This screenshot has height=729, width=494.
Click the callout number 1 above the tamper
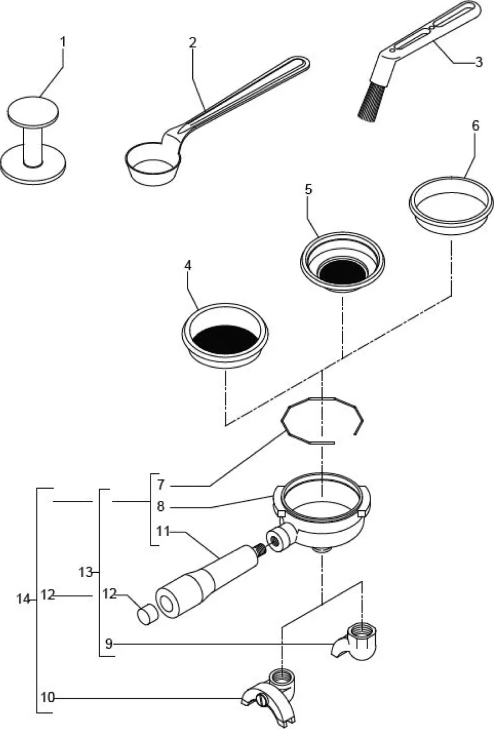tap(63, 42)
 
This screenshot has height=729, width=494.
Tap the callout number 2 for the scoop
tap(193, 43)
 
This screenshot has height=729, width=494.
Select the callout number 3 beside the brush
tap(478, 62)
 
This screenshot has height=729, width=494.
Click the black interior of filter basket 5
tap(342, 272)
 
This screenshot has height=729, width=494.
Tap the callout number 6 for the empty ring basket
tap(475, 126)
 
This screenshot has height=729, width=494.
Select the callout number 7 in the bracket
tap(160, 484)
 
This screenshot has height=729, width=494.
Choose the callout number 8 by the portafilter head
tap(160, 506)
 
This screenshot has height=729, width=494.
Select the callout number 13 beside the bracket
tap(86, 572)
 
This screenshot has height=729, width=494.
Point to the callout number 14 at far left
tap(23, 599)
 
